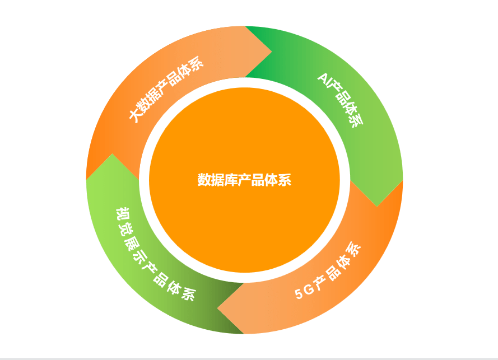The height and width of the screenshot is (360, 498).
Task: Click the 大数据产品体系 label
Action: tap(166, 89)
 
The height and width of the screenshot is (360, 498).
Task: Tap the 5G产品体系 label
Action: tap(328, 270)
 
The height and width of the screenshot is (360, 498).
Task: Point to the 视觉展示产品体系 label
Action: tap(155, 254)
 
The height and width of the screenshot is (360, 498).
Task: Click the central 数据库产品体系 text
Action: tap(245, 180)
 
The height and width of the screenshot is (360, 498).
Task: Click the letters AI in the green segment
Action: tap(324, 79)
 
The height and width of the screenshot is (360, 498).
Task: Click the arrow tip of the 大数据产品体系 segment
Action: tap(272, 52)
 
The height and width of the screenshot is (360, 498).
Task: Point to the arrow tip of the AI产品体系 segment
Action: tap(377, 207)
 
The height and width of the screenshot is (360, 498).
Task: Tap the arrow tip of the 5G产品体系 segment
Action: tap(217, 308)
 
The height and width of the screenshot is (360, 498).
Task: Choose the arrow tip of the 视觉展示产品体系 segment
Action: tap(112, 153)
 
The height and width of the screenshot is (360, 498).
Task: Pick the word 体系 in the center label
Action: tap(278, 180)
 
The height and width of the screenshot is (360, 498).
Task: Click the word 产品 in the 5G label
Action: tap(325, 276)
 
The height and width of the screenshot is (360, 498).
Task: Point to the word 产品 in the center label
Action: tap(251, 180)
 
